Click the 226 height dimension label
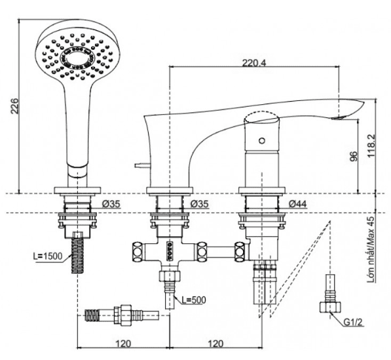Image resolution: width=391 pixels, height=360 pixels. [x=14, y=106]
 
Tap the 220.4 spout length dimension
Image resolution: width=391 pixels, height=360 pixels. [x=254, y=63]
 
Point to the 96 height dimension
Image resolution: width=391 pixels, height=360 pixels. [x=354, y=156]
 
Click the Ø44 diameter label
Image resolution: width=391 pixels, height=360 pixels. [x=298, y=204]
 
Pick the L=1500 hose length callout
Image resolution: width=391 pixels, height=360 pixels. [x=48, y=256]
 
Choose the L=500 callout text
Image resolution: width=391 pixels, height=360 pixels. [x=194, y=300]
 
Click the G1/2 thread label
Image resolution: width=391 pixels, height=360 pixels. [x=353, y=323]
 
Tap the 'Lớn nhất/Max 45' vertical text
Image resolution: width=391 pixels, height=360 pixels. [x=371, y=249]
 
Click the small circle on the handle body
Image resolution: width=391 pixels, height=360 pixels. [x=261, y=141]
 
